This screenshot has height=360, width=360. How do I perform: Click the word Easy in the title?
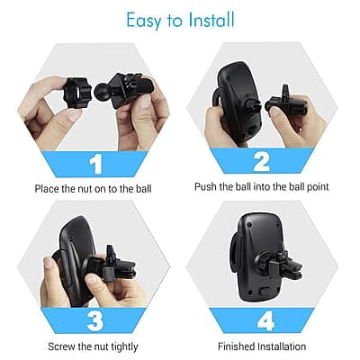coord(144,20)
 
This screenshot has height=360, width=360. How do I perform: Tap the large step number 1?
coord(95,164)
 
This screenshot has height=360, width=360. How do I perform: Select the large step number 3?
coord(95,319)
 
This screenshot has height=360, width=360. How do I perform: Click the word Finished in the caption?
coord(238,346)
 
